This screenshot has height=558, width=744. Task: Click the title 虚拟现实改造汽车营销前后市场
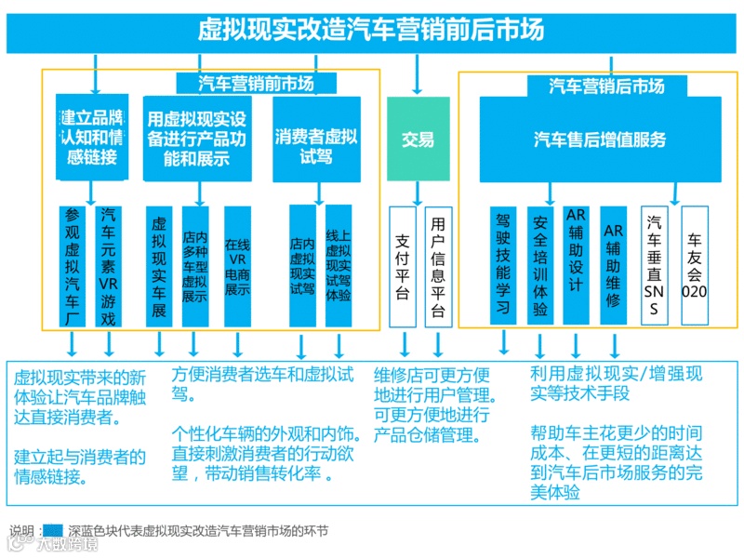coord(371,31)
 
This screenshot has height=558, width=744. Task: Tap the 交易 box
coord(418,139)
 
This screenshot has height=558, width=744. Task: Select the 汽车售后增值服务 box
coord(600,139)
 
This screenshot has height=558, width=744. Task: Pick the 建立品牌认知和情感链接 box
coord(92,138)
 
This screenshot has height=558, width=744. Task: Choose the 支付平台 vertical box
coord(403,265)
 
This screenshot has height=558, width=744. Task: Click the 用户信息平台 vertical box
coord(438,265)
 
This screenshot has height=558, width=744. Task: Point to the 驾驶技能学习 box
coord(503,265)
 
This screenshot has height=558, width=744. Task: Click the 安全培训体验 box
coord(539,265)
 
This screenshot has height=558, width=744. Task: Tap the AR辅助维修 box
coord(613,265)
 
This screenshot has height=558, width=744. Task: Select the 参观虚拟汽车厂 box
coord(73,265)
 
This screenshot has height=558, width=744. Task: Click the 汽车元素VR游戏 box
coord(110,265)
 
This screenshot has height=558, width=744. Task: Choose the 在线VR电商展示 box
coord(237,265)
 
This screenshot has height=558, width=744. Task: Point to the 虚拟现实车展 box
coord(159,265)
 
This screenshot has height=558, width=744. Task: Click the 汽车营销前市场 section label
coord(256,84)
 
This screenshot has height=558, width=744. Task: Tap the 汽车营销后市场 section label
coord(606,86)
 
